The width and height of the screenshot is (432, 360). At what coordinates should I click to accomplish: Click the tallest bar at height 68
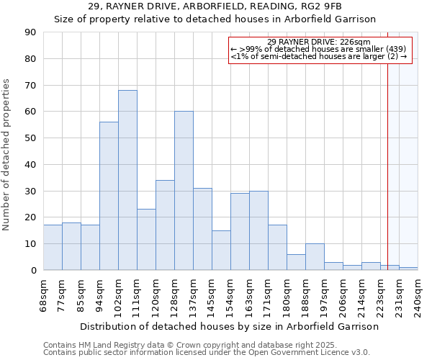click(x=127, y=180)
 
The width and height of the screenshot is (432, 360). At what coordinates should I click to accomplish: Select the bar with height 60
click(x=184, y=191)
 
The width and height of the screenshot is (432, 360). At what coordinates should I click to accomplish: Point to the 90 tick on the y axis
click(x=30, y=32)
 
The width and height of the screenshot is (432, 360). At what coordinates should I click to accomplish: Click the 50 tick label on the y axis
click(x=30, y=138)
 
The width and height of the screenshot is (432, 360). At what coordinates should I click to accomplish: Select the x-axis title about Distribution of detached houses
click(x=229, y=326)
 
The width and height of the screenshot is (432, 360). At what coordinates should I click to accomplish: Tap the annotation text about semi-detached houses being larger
click(x=318, y=56)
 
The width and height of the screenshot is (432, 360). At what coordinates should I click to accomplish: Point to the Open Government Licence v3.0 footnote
click(x=207, y=353)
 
